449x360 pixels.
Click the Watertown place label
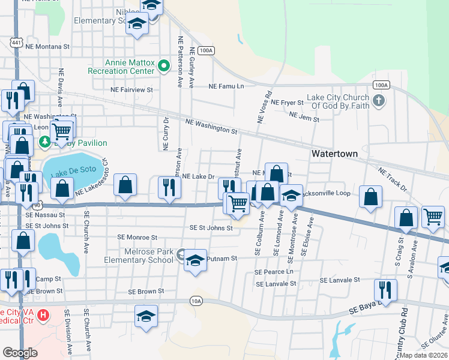tap(334, 154)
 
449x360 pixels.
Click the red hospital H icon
tap(43, 314)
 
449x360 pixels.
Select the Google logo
tap(20, 352)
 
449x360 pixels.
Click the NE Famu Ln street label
tap(226, 86)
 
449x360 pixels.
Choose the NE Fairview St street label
tap(131, 89)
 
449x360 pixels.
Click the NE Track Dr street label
tap(392, 180)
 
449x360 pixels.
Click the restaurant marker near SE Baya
tap(385, 290)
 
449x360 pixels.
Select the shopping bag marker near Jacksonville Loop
tap(371, 196)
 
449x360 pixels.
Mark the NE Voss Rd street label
tap(265, 107)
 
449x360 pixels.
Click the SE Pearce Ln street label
tap(276, 272)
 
